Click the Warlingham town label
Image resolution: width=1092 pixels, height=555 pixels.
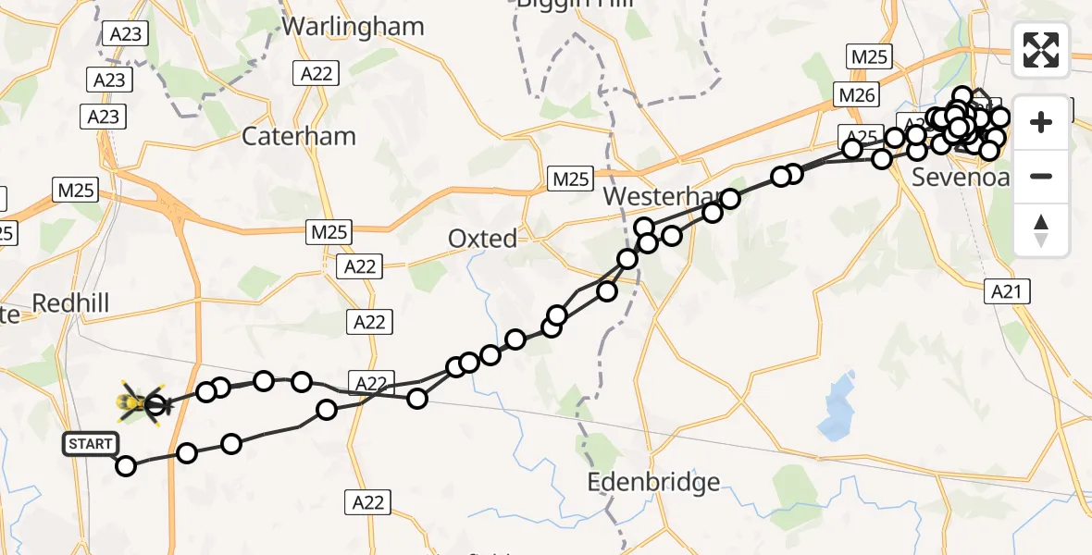pyautogui.click(x=353, y=26)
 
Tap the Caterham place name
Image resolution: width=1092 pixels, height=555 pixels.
pyautogui.click(x=298, y=136)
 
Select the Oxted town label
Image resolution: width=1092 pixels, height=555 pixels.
pyautogui.click(x=482, y=239)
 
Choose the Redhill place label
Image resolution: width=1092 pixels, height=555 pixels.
pyautogui.click(x=70, y=302)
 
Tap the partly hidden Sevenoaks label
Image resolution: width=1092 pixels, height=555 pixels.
pyautogui.click(x=959, y=177)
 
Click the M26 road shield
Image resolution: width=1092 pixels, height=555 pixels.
pyautogui.click(x=856, y=94)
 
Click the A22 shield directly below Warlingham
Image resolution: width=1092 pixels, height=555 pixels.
pyautogui.click(x=316, y=74)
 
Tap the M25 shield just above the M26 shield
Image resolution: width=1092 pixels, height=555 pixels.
pyautogui.click(x=869, y=56)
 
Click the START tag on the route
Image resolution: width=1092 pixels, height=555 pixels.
pyautogui.click(x=90, y=444)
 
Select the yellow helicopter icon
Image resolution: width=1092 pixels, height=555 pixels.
pyautogui.click(x=139, y=403)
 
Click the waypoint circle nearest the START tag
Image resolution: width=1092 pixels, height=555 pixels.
pyautogui.click(x=125, y=465)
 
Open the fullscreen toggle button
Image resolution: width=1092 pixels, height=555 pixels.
pyautogui.click(x=1041, y=50)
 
